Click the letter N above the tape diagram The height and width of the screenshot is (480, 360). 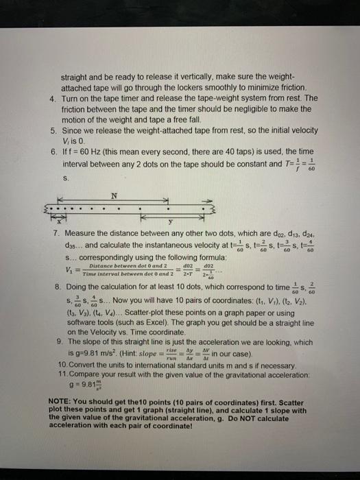(115, 195)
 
